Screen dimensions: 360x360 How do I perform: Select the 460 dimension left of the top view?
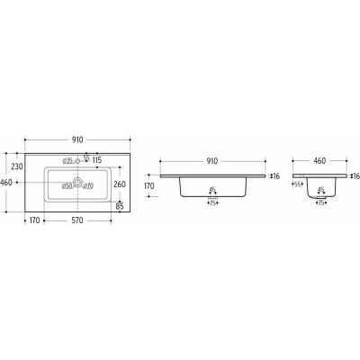(x=8, y=183)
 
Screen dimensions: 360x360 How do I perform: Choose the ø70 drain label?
(x=89, y=185)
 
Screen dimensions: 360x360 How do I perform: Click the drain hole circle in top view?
(x=77, y=184)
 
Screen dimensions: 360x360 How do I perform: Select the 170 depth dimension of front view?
(x=149, y=186)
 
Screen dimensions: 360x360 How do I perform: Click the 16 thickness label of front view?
(x=278, y=176)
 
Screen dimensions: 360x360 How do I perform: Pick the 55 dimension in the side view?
(x=298, y=184)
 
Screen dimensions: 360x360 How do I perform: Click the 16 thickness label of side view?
(x=355, y=176)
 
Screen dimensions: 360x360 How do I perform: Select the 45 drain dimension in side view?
(x=322, y=190)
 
